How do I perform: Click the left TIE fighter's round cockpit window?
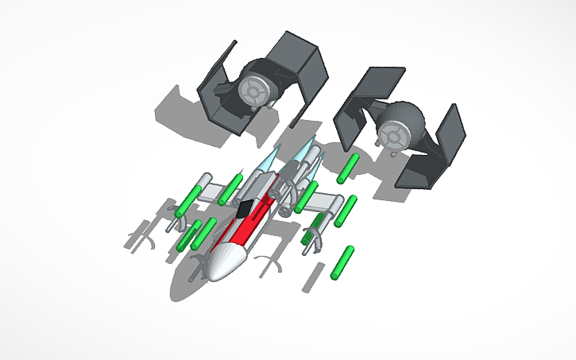[253, 95]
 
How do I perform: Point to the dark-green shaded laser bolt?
[318, 222]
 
